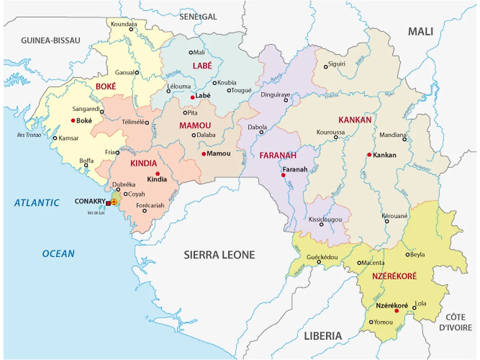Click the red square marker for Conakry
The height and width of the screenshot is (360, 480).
point(108,204)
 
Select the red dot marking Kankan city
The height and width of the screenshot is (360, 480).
point(369,155)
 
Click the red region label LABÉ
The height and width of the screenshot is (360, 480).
point(202,66)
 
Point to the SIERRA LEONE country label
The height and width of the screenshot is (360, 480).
point(219,255)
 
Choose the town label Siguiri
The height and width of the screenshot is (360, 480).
point(336,64)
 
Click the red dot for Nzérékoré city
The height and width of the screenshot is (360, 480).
point(396,311)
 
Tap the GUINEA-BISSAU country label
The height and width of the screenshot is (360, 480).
point(51,40)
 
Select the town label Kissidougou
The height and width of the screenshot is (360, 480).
point(325,219)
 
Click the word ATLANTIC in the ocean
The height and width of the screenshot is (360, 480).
point(37,203)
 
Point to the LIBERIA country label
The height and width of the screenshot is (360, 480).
point(323,336)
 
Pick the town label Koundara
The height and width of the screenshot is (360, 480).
point(124,24)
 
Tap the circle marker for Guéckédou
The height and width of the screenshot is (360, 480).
point(319,262)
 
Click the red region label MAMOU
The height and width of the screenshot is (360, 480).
point(195,126)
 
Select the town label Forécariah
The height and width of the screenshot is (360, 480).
point(150,205)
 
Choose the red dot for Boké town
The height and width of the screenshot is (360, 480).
point(73,120)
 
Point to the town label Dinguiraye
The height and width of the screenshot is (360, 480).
point(275,95)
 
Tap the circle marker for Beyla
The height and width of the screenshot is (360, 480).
point(408,254)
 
